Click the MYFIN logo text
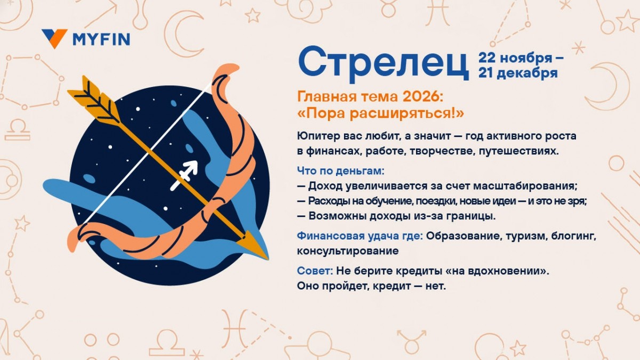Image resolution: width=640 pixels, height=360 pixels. tap(101, 39)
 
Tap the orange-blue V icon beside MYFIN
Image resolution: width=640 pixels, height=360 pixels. tap(54, 38)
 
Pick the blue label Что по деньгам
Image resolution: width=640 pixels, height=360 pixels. tap(340, 171)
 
